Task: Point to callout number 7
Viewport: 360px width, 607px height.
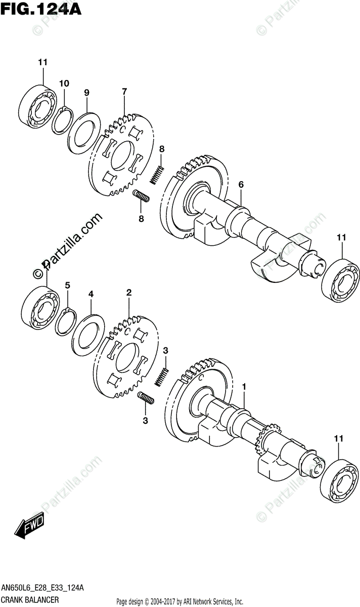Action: click(x=124, y=92)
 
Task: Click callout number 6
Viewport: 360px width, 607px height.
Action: click(x=241, y=185)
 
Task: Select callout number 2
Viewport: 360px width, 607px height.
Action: click(x=129, y=292)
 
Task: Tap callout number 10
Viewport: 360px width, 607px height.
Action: click(x=64, y=83)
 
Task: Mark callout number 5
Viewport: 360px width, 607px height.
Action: click(x=67, y=285)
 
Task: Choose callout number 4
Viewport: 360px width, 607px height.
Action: click(x=91, y=293)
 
